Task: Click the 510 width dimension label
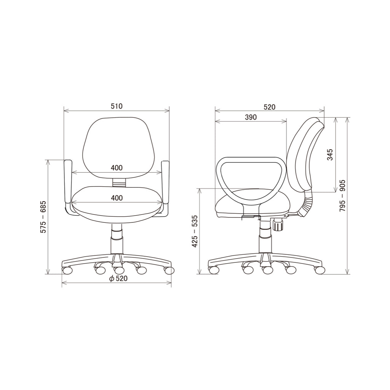tap(117, 106)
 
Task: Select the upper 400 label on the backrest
tap(117, 168)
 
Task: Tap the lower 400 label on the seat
tap(117, 198)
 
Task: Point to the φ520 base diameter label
tap(118, 278)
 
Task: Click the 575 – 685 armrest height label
tap(43, 217)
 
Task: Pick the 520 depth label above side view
tap(270, 107)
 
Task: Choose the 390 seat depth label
tap(251, 117)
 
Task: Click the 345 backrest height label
tap(330, 155)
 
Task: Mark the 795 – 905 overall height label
tap(342, 196)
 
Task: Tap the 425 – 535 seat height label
tap(195, 231)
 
